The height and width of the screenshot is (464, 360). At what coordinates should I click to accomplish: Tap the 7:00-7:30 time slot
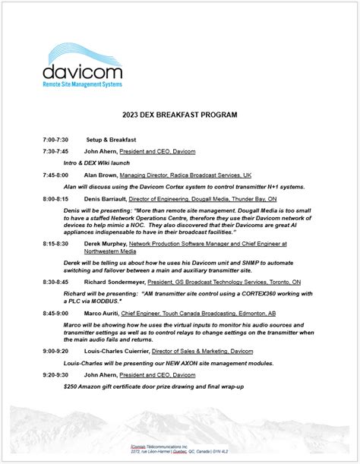pyautogui.click(x=56, y=140)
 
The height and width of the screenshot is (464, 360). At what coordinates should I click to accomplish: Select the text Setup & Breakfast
pyautogui.click(x=111, y=140)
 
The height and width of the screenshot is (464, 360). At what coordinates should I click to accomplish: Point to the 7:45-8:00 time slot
pyautogui.click(x=56, y=174)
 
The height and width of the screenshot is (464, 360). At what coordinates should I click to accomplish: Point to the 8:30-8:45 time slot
pyautogui.click(x=56, y=281)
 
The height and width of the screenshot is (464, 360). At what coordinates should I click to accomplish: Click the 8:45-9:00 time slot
pyautogui.click(x=56, y=313)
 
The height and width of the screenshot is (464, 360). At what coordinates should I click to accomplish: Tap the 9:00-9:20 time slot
pyautogui.click(x=56, y=352)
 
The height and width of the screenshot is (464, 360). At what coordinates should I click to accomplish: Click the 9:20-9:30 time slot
pyautogui.click(x=56, y=375)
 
